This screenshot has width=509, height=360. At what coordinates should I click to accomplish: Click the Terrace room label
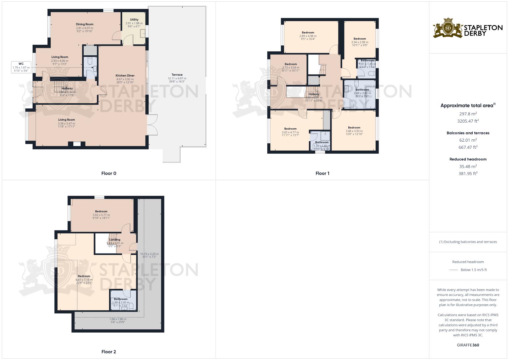[x=177, y=75]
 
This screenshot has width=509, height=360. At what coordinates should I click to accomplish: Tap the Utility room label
[x=134, y=20]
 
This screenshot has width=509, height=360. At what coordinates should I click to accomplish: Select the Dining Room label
[x=85, y=24]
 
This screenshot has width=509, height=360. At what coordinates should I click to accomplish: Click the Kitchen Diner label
[x=125, y=76]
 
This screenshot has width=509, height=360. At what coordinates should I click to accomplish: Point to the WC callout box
[x=21, y=67]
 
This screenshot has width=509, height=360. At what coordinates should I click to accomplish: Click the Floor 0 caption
[x=109, y=173]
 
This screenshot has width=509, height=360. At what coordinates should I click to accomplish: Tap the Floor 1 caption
[x=322, y=173]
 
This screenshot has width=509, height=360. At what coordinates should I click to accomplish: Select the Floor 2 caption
[x=109, y=352]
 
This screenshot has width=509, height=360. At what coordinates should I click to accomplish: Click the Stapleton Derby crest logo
[x=448, y=28]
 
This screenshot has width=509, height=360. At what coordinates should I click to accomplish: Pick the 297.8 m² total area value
[x=468, y=114]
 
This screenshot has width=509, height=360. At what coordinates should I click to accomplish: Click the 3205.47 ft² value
[x=468, y=121]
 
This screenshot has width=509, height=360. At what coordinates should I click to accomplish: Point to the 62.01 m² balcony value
[x=468, y=140]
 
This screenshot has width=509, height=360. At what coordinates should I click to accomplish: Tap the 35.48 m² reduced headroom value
[x=468, y=166]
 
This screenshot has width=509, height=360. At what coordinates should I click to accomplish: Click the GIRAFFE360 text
[x=468, y=345]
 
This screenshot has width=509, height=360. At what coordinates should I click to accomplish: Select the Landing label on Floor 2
[x=115, y=240]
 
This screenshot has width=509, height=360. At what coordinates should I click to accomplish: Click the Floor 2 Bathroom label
[x=121, y=299]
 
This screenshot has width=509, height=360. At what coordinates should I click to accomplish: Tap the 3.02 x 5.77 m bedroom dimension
[x=101, y=215]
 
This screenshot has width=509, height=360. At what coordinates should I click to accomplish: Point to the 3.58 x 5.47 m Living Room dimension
[x=66, y=124]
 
